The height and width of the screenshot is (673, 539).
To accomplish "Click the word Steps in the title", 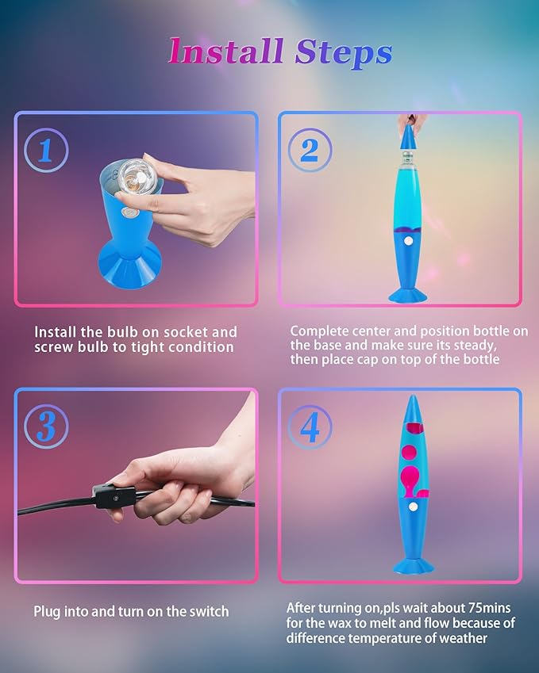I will coord(343,52).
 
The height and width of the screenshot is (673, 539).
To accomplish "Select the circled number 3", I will coord(45,427).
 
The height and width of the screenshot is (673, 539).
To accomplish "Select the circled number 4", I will coord(310,427).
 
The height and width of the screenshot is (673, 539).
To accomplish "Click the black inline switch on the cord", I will coord(110,497).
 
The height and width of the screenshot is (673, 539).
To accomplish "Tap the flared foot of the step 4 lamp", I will coord(414,564).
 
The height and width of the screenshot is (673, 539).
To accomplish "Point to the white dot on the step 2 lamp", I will coord(408,239).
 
